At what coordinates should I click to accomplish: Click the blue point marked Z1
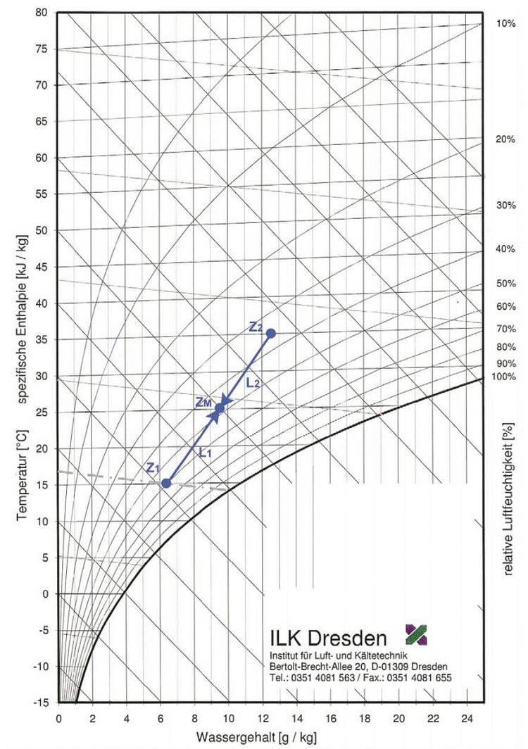click(x=166, y=483)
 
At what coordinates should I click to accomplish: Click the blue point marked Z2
click(x=270, y=333)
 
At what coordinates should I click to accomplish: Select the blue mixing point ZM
click(x=220, y=408)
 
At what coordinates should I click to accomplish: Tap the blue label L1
click(x=205, y=453)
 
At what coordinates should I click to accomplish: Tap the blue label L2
click(x=253, y=384)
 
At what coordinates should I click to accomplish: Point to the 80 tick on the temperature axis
click(x=41, y=13)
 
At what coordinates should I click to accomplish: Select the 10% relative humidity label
click(x=506, y=23)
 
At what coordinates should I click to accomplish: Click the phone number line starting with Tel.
click(x=360, y=677)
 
